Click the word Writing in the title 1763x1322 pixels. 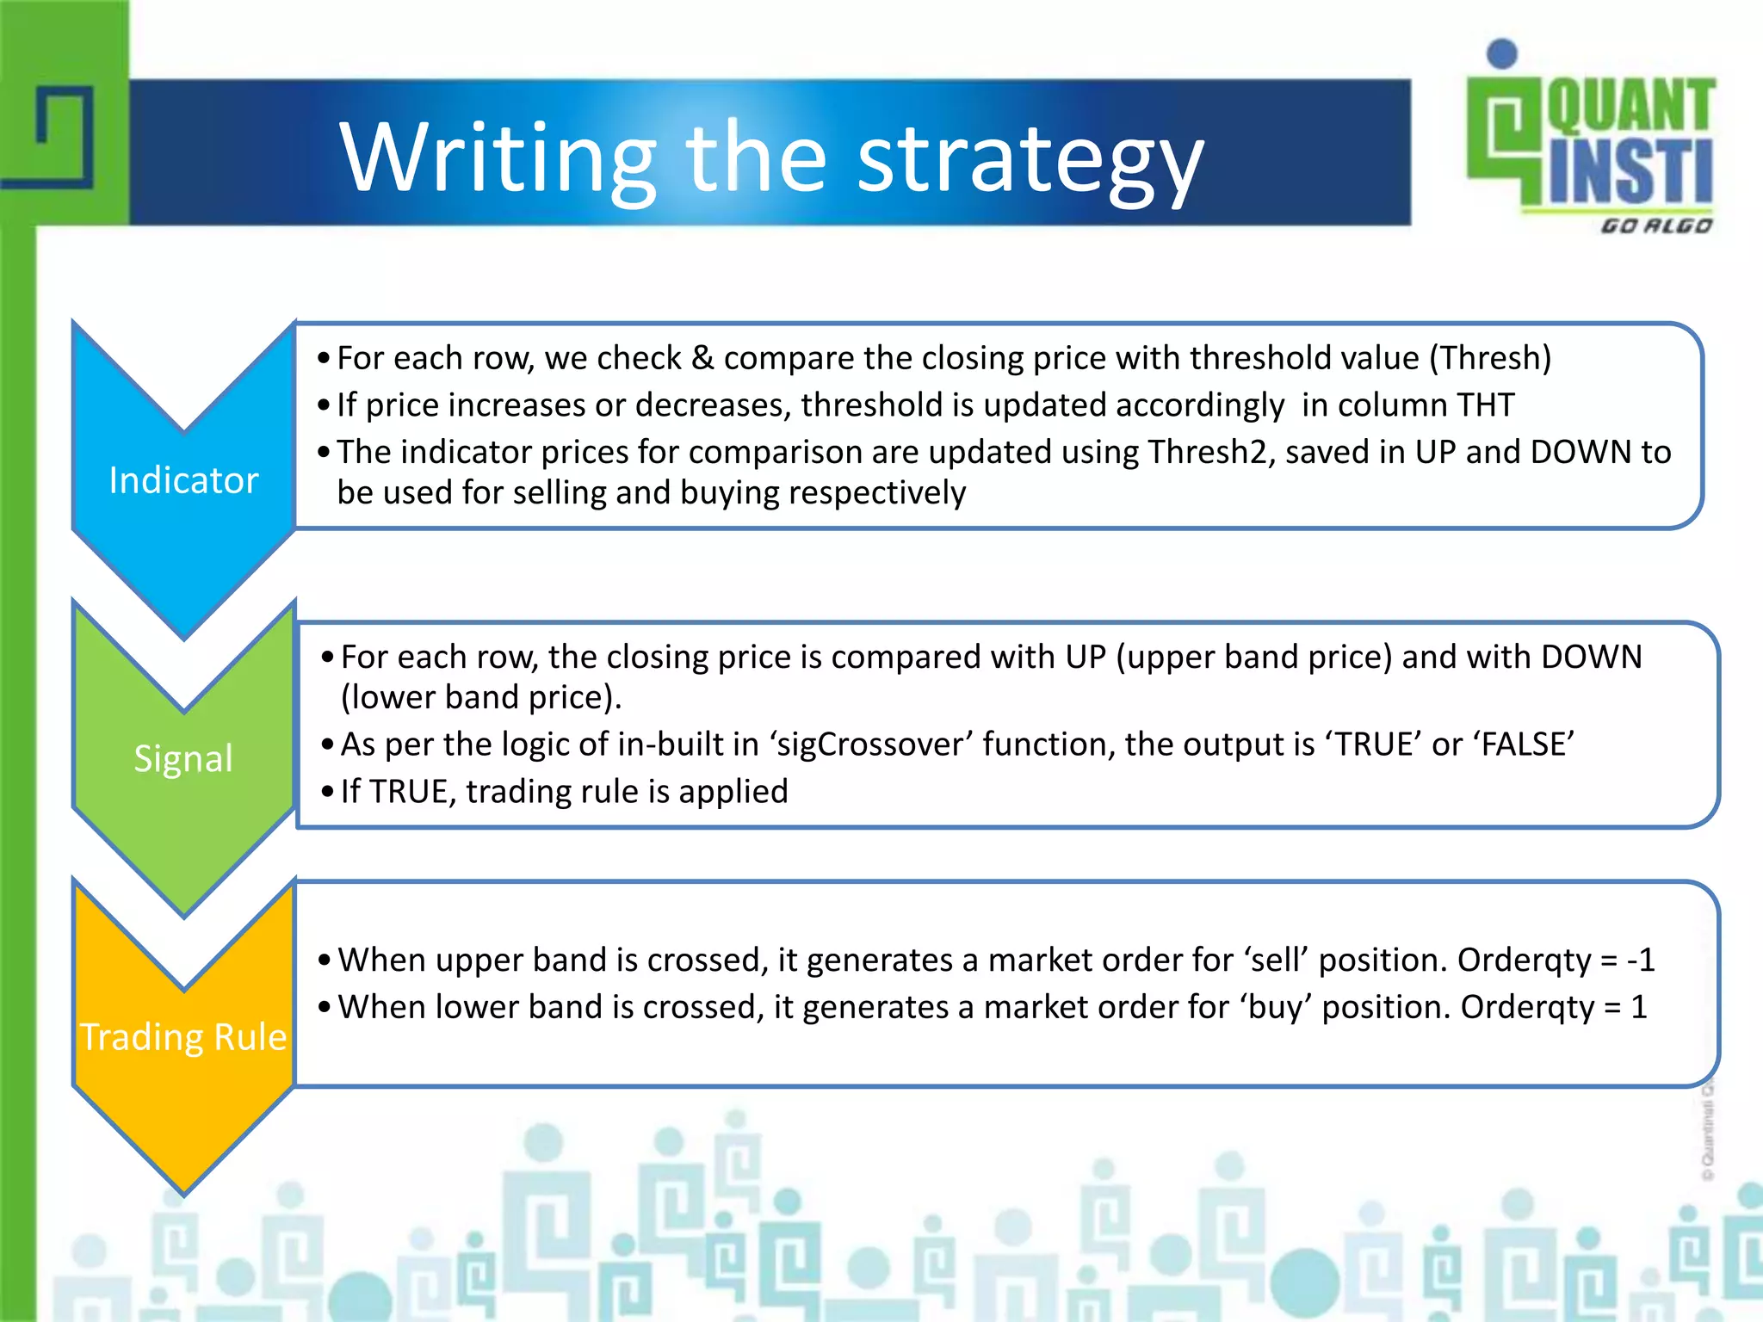click(498, 158)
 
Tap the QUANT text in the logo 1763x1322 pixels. click(1630, 105)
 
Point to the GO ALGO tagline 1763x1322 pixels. click(1655, 225)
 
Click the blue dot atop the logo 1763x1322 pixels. click(1502, 53)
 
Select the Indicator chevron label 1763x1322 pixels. click(183, 480)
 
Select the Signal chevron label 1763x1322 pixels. click(183, 758)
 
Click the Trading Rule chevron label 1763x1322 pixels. click(183, 1036)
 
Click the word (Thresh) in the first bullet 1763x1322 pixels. click(1490, 358)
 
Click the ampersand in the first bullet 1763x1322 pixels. click(702, 358)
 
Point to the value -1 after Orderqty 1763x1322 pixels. click(1640, 960)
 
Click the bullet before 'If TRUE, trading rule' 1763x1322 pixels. click(327, 792)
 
